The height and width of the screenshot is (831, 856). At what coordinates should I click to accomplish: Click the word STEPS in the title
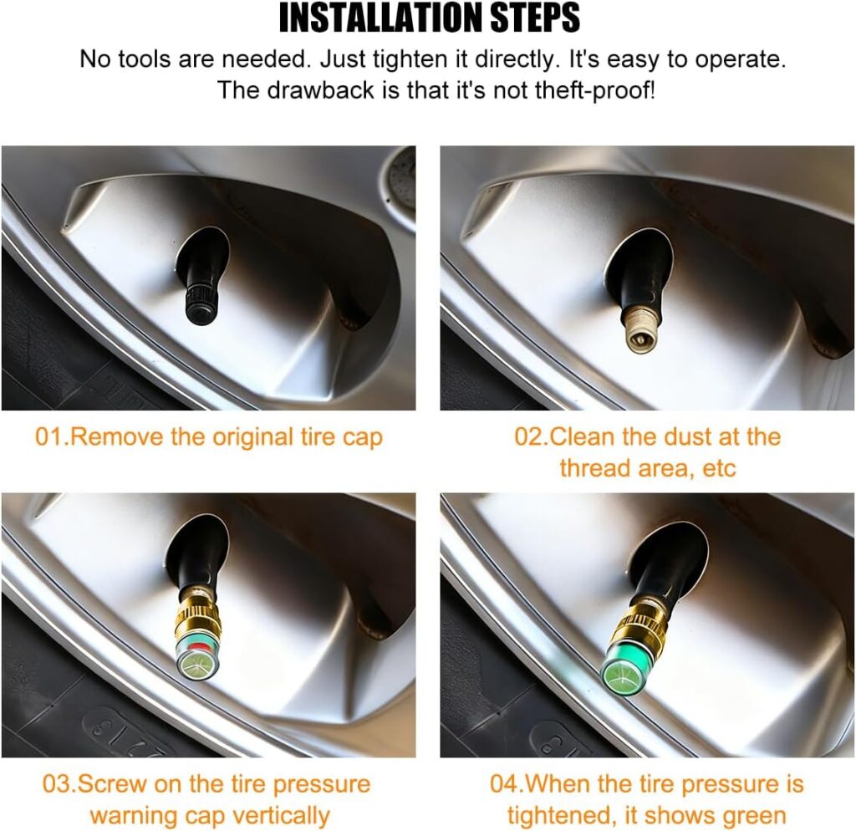coord(535,18)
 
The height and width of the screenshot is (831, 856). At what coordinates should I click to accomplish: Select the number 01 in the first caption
coord(48,437)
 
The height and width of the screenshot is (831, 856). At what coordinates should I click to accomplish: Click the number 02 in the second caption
coord(528,437)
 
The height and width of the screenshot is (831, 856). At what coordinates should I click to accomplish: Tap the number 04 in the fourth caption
coord(504,784)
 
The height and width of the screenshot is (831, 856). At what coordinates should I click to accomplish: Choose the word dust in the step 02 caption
coord(685,437)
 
